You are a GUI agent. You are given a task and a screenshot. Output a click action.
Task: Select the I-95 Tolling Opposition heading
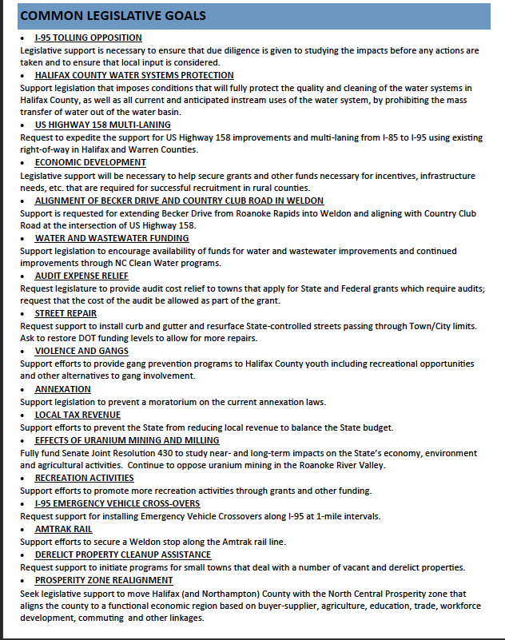88,38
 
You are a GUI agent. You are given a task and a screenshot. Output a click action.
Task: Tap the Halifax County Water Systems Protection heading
134,75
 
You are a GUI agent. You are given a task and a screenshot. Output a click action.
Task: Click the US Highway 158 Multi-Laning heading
102,125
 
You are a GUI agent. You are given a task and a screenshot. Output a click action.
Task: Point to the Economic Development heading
90,163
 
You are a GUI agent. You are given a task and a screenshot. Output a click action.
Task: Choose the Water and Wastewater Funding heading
112,238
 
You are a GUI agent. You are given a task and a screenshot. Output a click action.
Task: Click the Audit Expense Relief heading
82,276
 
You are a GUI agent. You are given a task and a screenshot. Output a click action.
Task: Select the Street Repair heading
66,313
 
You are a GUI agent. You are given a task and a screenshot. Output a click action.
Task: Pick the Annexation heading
63,389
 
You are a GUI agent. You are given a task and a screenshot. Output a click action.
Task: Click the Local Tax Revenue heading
78,415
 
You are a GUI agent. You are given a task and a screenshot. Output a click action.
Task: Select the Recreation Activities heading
84,478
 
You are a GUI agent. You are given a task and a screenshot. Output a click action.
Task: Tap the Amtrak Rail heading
64,529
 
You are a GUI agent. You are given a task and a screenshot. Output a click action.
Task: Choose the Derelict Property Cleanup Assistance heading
123,555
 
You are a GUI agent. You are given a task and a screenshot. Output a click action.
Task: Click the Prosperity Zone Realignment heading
104,580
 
